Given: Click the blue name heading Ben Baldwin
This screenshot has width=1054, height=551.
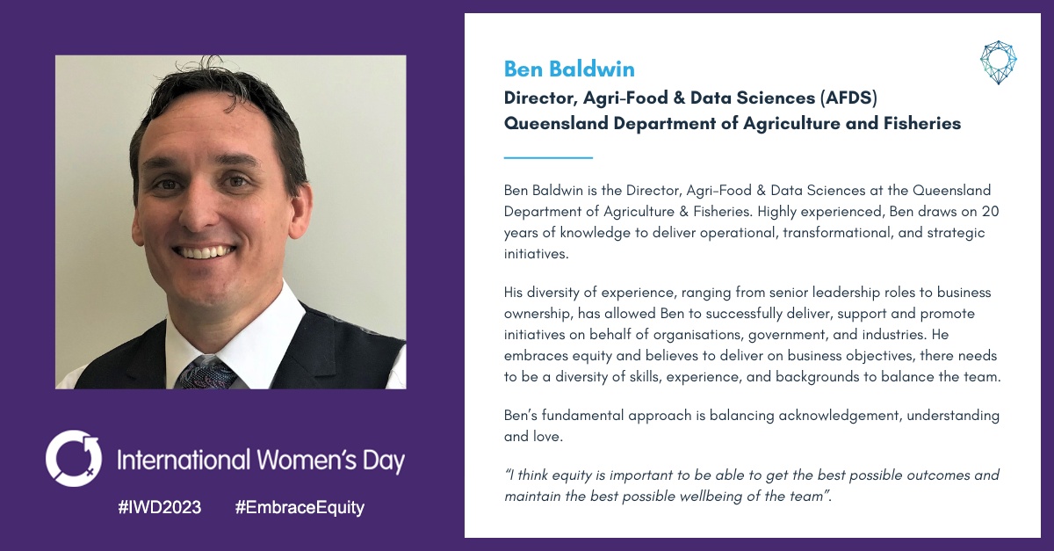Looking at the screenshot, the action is pos(569,69).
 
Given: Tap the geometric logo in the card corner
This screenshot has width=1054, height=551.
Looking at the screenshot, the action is pos(999,62).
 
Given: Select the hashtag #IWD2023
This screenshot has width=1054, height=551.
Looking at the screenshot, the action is pos(160,507).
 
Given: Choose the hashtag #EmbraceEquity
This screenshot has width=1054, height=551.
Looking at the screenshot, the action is pos(300,508).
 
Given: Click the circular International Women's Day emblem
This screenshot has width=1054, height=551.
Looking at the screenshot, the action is pos(74,458).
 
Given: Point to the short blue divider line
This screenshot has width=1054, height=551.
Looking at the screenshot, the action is pos(548,158).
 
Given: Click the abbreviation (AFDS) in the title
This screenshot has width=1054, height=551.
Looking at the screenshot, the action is pos(848,98).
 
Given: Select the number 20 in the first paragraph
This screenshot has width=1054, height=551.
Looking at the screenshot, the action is pos(990,212).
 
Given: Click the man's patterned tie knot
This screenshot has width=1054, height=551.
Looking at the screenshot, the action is pos(206,373).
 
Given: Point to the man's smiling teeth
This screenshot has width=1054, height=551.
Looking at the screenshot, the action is pos(204,251).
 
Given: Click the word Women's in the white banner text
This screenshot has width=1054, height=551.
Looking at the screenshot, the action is pos(307,460).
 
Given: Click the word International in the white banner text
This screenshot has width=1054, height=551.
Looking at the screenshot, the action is pos(184,460).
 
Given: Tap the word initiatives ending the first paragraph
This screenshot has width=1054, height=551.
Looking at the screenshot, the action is pos(536,254).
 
